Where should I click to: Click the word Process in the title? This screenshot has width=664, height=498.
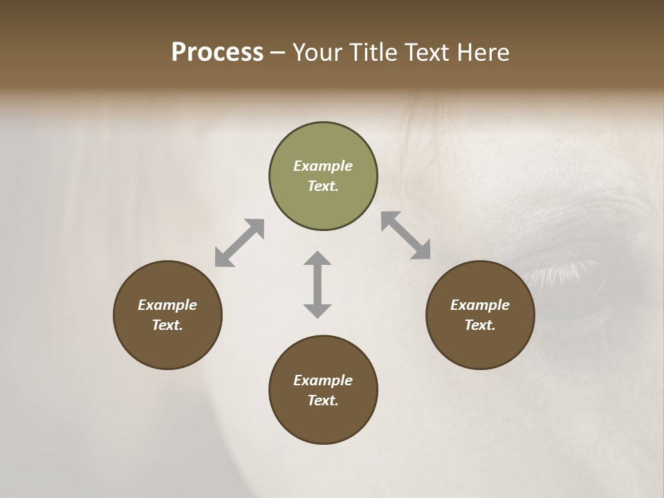[x=217, y=53]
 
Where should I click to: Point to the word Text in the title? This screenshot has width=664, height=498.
[x=430, y=53]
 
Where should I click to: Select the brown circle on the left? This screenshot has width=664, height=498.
[x=167, y=346]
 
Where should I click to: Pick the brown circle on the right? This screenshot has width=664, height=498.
[x=480, y=346]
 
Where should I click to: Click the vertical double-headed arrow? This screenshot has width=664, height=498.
[x=317, y=284]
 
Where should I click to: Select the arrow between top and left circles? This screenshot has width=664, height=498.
[x=239, y=243]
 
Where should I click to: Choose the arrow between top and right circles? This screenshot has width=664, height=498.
[x=406, y=235]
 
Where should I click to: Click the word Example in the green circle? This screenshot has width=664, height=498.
[x=323, y=166]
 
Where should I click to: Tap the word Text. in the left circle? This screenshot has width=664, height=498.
[x=167, y=325]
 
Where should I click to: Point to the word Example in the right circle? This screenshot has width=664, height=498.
[x=480, y=305]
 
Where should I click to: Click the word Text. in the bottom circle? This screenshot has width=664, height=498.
[x=323, y=400]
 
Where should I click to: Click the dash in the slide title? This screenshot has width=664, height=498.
[x=278, y=53]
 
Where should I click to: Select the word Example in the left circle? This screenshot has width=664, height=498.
[x=167, y=305]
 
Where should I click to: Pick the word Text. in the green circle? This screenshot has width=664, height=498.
[x=323, y=186]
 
